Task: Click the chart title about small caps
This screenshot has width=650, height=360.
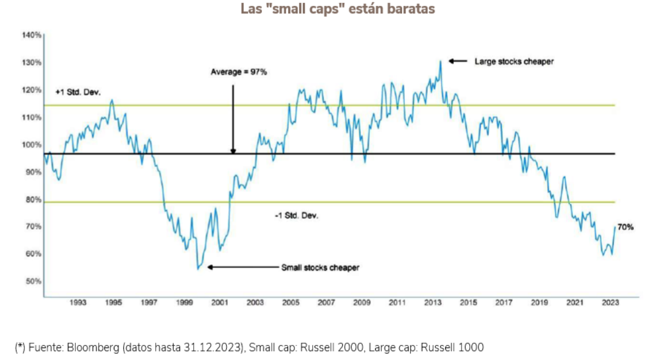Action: tap(338, 9)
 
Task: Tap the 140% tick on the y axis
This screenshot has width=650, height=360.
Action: tap(32, 36)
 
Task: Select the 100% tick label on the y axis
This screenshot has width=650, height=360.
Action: tap(32, 145)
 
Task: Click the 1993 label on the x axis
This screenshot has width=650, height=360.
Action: tap(78, 303)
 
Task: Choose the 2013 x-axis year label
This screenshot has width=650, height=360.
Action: tap(433, 303)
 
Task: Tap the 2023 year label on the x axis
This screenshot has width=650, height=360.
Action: tap(610, 303)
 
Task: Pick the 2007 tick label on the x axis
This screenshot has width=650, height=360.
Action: tap(326, 303)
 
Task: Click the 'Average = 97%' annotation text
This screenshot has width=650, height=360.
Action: tap(234, 72)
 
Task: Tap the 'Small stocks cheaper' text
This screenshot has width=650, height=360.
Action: tap(320, 268)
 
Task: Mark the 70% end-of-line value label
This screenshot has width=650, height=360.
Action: tap(625, 227)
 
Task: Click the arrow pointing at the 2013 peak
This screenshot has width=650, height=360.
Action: tap(458, 61)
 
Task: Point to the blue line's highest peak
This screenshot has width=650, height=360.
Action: tap(441, 61)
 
